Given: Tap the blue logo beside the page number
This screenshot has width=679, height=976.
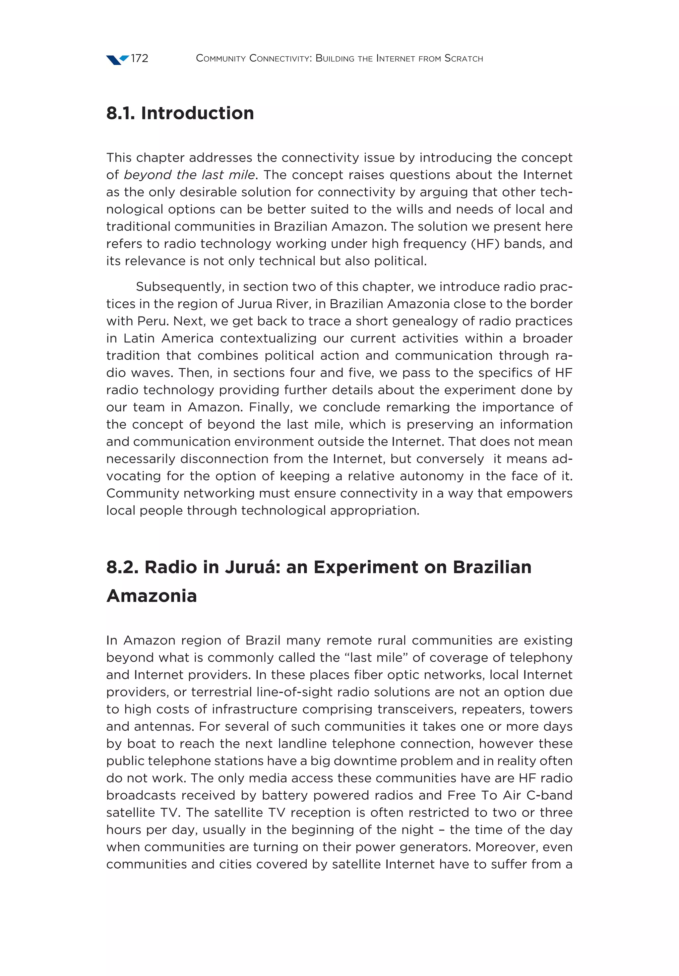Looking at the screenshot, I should click(x=117, y=60).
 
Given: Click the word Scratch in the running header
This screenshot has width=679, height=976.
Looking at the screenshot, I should click(x=463, y=58).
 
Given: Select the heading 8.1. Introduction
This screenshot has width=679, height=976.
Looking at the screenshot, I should click(x=180, y=113).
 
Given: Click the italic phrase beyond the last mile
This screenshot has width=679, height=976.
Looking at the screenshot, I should click(x=189, y=175).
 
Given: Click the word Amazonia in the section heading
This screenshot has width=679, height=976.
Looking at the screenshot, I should click(x=152, y=596).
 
